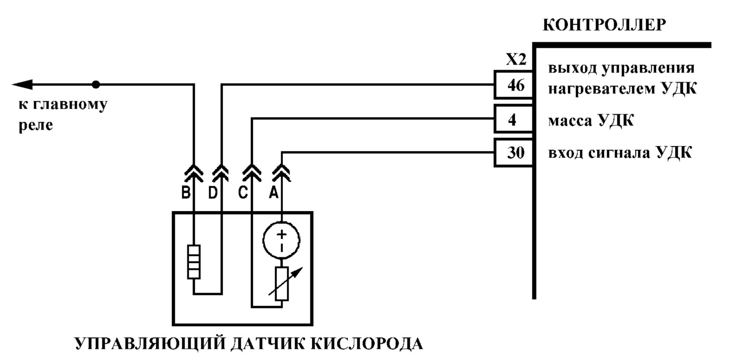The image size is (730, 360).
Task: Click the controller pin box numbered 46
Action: tap(514, 85)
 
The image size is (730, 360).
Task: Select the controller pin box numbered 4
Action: tap(514, 119)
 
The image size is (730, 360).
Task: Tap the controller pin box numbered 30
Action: tap(514, 152)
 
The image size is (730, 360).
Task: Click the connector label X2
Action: tap(516, 60)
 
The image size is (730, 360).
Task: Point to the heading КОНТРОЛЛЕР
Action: tap(604, 25)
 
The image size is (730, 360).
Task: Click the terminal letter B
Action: tap(186, 193)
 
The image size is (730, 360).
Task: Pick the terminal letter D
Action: tap(213, 193)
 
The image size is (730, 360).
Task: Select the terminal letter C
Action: tap(243, 193)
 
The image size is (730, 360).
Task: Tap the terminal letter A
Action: tap(274, 193)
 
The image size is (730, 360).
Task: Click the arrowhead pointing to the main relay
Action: tap(22, 85)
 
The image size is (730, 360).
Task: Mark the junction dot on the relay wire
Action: tap(95, 85)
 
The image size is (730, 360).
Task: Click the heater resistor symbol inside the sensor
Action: tap(194, 262)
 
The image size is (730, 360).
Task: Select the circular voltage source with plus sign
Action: tap(282, 241)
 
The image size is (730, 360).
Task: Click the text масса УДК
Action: tap(591, 121)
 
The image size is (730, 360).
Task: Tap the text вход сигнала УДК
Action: tap(620, 152)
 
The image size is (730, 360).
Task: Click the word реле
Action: tap(36, 126)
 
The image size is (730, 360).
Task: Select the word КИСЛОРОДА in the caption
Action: tap(366, 344)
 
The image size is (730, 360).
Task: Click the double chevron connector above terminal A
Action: tap(282, 173)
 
